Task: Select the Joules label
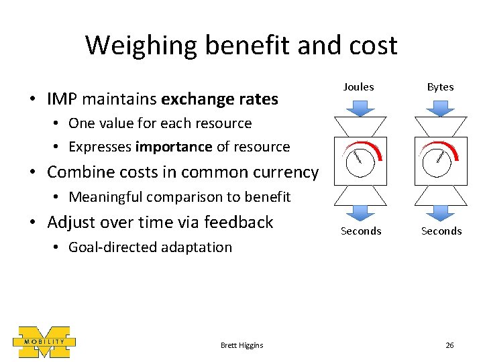(x=359, y=86)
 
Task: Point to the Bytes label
(x=440, y=86)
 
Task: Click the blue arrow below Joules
(x=360, y=107)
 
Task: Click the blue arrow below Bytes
(x=440, y=107)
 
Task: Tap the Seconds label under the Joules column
(x=361, y=231)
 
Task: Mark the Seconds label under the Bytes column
(x=441, y=231)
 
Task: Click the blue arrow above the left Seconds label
(x=360, y=212)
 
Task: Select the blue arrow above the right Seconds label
(x=440, y=212)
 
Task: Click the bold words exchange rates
(x=219, y=99)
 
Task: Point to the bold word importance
(x=173, y=147)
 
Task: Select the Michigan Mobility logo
(x=44, y=342)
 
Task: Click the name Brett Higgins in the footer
(x=241, y=345)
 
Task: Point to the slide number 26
(x=449, y=345)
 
